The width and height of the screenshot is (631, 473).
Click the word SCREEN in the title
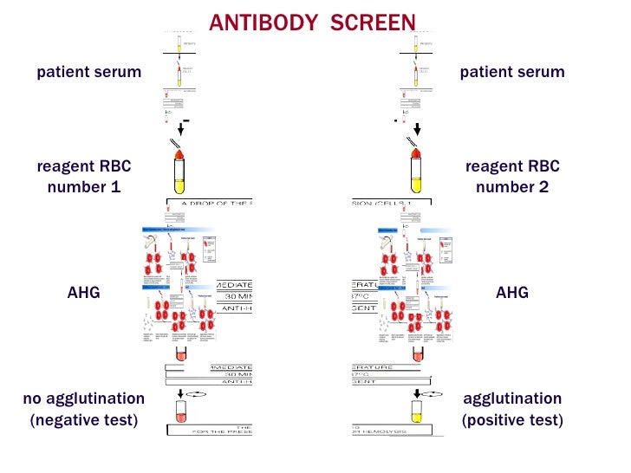click(374, 23)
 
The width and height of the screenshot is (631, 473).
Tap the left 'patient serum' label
click(88, 72)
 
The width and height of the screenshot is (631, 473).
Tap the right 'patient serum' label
click(512, 72)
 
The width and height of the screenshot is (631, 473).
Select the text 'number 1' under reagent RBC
click(84, 187)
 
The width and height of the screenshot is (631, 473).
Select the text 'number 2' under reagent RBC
click(512, 187)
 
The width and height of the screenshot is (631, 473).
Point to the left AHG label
click(84, 293)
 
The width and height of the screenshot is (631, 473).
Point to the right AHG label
click(512, 293)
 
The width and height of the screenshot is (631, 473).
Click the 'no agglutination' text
click(84, 399)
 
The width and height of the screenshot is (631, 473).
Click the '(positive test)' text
click(512, 421)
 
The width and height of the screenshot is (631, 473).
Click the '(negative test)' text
click(84, 421)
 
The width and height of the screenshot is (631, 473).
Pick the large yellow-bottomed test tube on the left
click(180, 172)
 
